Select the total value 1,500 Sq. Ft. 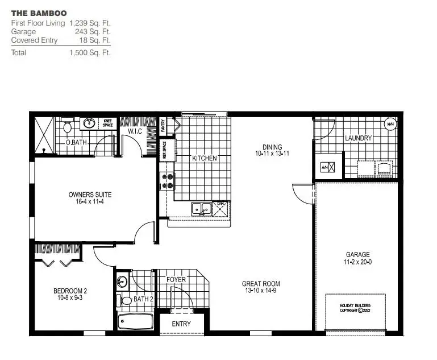point(90,52)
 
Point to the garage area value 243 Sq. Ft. point(93,32)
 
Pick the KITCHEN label point(204,158)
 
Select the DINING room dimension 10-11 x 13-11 point(273,154)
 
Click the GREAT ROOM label point(261,284)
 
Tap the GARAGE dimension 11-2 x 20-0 point(358,262)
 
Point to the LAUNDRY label point(358,138)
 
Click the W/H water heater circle point(390,124)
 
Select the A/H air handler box point(326,167)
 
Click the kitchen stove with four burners point(168,180)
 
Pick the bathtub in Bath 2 point(135,322)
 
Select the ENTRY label point(181,324)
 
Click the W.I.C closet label point(135,131)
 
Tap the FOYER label point(176,280)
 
